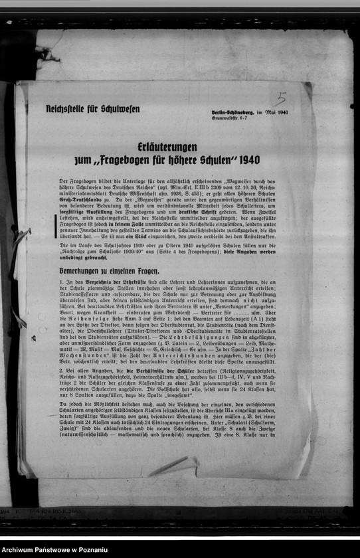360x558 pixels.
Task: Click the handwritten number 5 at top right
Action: click(280, 99)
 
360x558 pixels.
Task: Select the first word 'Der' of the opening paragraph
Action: click(63, 181)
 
